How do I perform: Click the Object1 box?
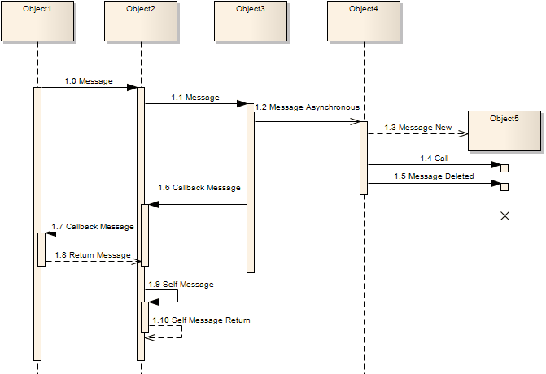pyautogui.click(x=37, y=20)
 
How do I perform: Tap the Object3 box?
pyautogui.click(x=250, y=20)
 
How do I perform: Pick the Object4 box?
pyautogui.click(x=363, y=20)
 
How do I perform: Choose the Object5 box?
pyautogui.click(x=504, y=130)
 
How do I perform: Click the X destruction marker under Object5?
pyautogui.click(x=505, y=216)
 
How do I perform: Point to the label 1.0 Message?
pyautogui.click(x=89, y=81)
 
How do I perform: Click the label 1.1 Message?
pyautogui.click(x=195, y=98)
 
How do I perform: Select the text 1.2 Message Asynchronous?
pyautogui.click(x=307, y=107)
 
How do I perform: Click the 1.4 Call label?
pyautogui.click(x=434, y=158)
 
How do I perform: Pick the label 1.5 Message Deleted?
pyautogui.click(x=434, y=176)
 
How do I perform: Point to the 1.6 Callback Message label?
pyautogui.click(x=199, y=188)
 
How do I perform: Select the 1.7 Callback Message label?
pyautogui.click(x=92, y=226)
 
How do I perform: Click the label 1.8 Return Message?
pyautogui.click(x=93, y=255)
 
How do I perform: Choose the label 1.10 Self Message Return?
pyautogui.click(x=201, y=320)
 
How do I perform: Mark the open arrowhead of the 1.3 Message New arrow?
pyautogui.click(x=463, y=134)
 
